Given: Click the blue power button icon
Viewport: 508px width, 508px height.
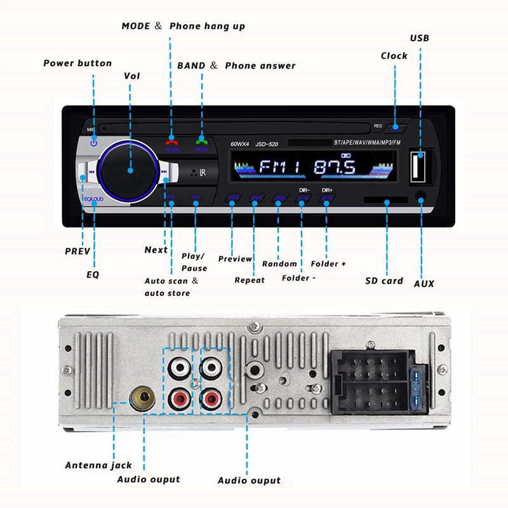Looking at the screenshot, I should (x=93, y=143).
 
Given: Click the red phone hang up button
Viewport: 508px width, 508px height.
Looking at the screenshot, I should (x=171, y=144).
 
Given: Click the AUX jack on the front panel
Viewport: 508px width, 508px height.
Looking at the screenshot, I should (x=420, y=197).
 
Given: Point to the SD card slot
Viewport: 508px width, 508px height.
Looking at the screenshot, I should (x=386, y=199).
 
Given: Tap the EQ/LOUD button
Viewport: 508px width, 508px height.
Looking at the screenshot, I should (x=93, y=199).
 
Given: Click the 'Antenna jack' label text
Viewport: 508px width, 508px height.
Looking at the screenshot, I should (x=98, y=465).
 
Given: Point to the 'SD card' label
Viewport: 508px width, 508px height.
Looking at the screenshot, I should (x=384, y=281).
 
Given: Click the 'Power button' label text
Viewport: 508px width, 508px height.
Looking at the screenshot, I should (x=77, y=63).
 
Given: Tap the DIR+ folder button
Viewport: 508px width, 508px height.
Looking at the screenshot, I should (x=327, y=199).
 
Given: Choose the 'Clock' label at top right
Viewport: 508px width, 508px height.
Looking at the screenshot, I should (x=394, y=56).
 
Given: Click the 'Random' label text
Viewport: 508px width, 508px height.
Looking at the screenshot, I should (x=279, y=264).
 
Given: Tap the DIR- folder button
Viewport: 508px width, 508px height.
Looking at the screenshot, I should (x=302, y=199).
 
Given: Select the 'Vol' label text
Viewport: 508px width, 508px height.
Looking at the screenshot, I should (x=131, y=76).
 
